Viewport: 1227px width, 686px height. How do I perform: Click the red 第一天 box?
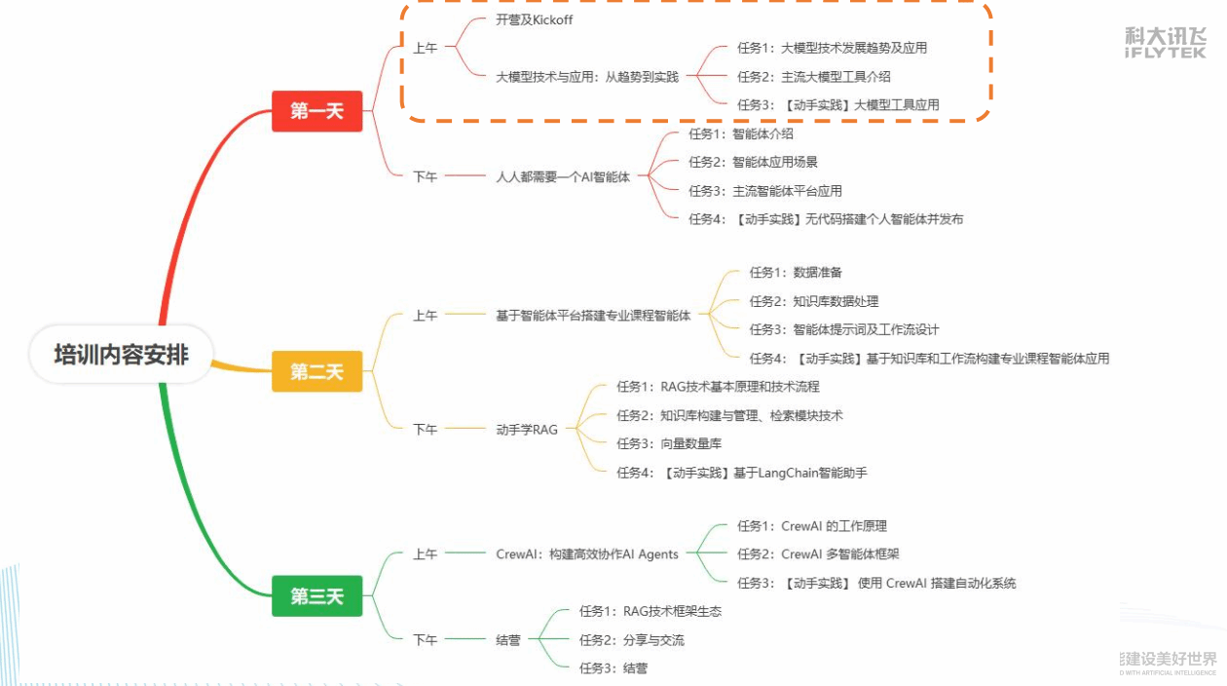pos(316,111)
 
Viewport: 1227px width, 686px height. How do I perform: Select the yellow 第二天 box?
pos(316,371)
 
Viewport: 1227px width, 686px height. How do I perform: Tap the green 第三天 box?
pos(316,596)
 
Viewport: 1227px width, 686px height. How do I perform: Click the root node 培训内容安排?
pos(121,354)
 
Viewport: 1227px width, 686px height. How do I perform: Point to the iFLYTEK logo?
pos(1165,42)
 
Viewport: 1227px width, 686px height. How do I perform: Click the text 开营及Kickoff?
pos(534,19)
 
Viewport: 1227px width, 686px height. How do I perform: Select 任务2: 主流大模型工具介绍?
pos(813,76)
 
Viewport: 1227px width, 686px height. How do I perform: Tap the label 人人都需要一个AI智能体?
pos(563,176)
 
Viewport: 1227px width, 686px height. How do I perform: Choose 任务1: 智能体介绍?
pos(740,133)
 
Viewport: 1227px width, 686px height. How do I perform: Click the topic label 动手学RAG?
pos(527,429)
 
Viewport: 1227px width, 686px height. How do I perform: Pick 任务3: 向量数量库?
pos(669,443)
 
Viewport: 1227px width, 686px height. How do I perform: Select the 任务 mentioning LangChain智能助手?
pos(741,473)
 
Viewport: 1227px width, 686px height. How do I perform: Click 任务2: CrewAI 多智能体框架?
pos(818,553)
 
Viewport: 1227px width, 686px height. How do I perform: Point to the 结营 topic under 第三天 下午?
pos(508,640)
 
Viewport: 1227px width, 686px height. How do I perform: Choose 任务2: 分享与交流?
pos(631,640)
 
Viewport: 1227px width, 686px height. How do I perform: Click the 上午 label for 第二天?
pos(426,315)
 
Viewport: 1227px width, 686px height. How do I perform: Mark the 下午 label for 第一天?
pos(426,176)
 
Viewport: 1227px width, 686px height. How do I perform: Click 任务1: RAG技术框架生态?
pos(651,611)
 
